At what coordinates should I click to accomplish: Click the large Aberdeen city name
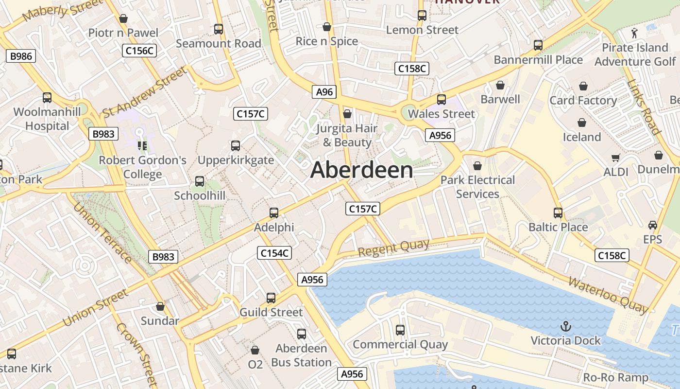(x=362, y=170)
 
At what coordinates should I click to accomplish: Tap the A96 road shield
(x=324, y=92)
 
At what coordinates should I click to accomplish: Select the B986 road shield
(x=21, y=56)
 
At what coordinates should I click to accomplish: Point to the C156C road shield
(x=139, y=50)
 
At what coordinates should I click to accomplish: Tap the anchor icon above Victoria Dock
(x=565, y=326)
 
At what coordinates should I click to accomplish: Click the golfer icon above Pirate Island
(x=634, y=33)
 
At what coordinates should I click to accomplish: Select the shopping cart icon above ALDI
(x=616, y=158)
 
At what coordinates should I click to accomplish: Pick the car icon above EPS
(x=652, y=225)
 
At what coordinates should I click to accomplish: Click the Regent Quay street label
(x=393, y=248)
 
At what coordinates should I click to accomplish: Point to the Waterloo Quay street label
(x=608, y=295)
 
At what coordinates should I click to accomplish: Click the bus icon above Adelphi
(x=274, y=213)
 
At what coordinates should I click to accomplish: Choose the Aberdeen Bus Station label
(x=301, y=355)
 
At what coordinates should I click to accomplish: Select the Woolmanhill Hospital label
(x=47, y=119)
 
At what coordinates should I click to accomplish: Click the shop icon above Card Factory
(x=583, y=87)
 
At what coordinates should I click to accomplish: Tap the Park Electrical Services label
(x=477, y=187)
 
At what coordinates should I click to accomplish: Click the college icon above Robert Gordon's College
(x=142, y=145)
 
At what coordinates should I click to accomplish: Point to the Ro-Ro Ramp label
(x=615, y=377)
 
